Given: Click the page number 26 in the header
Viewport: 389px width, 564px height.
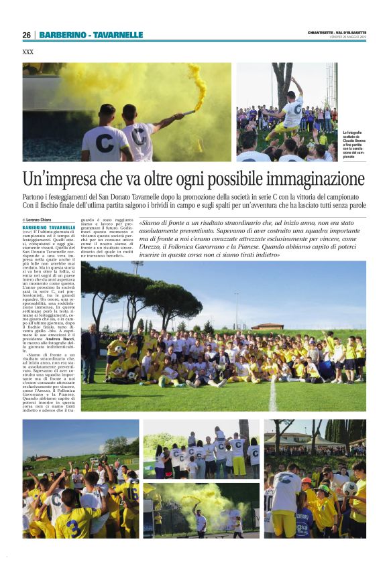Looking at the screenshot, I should tap(26, 35).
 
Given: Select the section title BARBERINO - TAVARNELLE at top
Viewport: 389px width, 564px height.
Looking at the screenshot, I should tap(91, 35).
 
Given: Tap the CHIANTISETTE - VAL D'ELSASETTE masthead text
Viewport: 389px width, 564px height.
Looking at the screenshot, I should tap(337, 33).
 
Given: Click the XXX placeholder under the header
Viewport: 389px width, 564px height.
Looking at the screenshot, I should tap(28, 52).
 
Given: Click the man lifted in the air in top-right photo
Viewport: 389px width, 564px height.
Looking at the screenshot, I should tap(292, 107).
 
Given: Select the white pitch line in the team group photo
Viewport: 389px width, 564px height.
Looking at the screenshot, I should tap(273, 398).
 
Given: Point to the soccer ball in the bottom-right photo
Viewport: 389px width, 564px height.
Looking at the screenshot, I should tap(349, 488).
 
